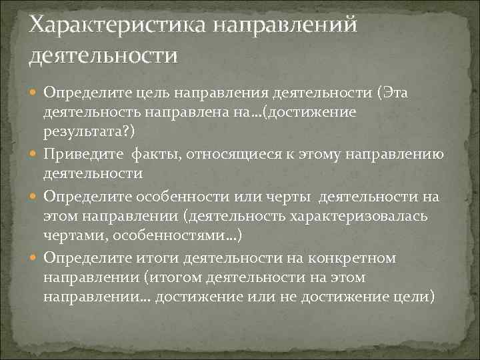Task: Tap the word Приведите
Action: [x=81, y=156]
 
